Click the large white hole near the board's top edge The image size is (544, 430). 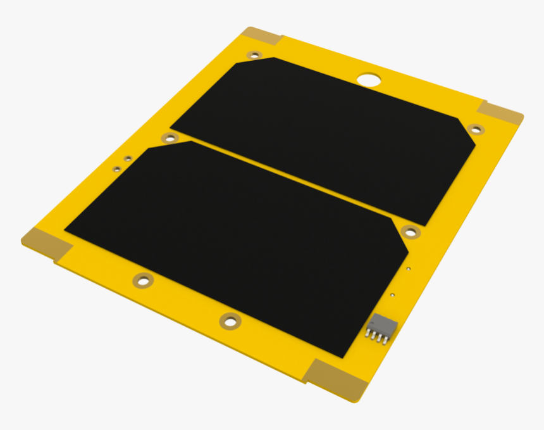point(369,80)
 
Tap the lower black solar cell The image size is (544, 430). point(240,241)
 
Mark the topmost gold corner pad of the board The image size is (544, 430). point(261,36)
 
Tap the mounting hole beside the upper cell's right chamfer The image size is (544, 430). point(476,129)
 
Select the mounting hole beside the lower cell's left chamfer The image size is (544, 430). point(169,137)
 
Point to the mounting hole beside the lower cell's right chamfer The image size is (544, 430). point(411,232)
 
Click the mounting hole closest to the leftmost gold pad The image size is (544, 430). point(144,279)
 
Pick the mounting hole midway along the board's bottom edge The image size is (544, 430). point(230,321)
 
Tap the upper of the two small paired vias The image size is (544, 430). point(127,158)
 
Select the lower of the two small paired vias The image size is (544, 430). point(117,169)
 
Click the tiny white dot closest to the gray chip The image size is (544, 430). point(393,294)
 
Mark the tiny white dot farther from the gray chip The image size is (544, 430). point(409,268)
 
